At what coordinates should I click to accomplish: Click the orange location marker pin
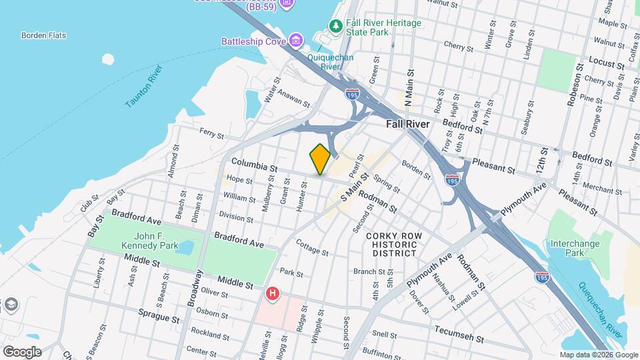(320, 159)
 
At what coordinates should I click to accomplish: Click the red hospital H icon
(272, 293)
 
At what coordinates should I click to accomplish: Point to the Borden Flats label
(43, 35)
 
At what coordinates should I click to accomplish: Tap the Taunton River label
(144, 87)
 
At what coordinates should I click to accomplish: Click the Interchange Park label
(575, 248)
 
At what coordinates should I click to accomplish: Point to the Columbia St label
(254, 165)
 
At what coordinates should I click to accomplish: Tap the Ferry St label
(211, 134)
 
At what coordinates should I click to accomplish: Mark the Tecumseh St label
(459, 331)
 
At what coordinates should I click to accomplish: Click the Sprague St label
(159, 311)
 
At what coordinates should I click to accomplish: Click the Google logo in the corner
(22, 351)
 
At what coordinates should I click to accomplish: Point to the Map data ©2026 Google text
(597, 355)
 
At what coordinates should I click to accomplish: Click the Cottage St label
(313, 248)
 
